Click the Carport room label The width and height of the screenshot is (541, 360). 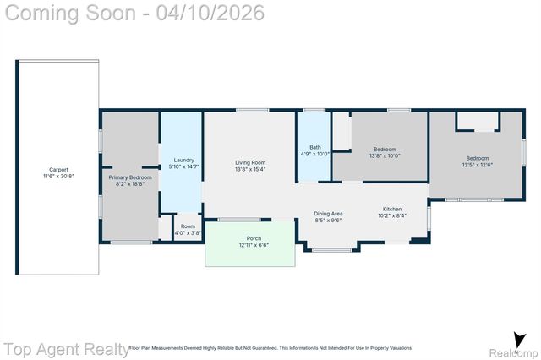(x=58, y=169)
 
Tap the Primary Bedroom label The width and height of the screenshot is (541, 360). (x=129, y=177)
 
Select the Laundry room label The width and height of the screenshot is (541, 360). (x=184, y=160)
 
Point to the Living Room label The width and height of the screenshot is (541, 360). (x=250, y=162)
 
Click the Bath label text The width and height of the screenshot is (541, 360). (x=314, y=147)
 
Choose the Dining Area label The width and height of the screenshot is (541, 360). (x=328, y=213)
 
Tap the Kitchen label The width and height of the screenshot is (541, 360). (x=392, y=209)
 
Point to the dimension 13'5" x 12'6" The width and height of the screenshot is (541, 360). (x=477, y=165)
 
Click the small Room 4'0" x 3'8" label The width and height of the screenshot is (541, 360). (x=188, y=232)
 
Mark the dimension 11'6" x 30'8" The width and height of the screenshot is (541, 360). (x=58, y=176)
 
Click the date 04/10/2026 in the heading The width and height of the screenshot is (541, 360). (x=216, y=14)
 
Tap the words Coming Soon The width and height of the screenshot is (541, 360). (x=72, y=14)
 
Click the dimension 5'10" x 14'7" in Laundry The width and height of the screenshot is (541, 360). (x=184, y=166)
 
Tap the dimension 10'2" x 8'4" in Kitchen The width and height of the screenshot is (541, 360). (x=392, y=215)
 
